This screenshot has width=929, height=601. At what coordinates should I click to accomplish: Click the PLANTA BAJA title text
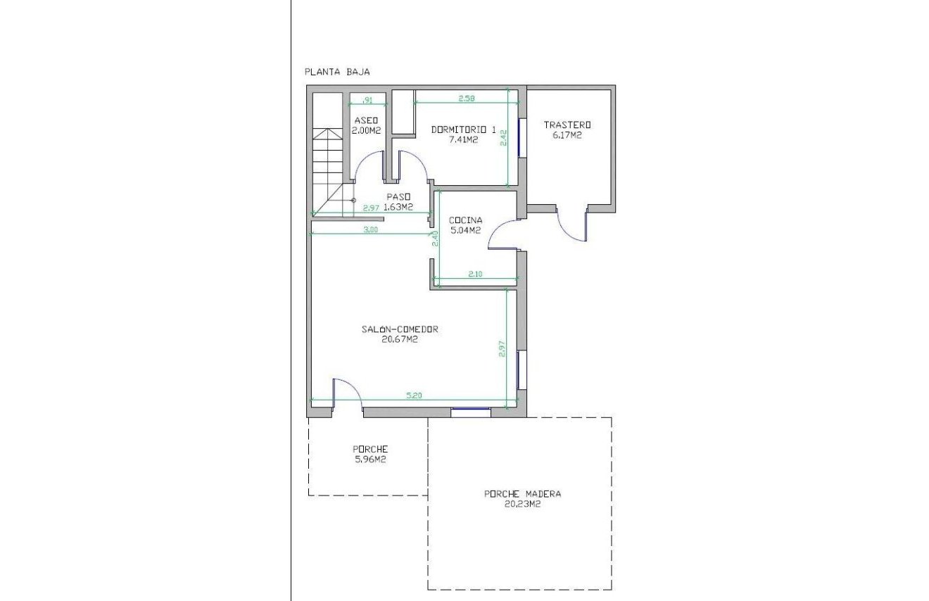click(336, 71)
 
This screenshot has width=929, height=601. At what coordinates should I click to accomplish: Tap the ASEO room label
click(366, 120)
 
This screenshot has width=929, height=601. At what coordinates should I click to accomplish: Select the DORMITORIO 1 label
click(463, 129)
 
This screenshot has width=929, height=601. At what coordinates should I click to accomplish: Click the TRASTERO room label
click(567, 125)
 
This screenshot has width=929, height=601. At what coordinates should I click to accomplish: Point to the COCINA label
click(465, 220)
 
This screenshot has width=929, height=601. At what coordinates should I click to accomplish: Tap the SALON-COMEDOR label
click(400, 329)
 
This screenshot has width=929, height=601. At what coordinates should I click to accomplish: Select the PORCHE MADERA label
click(522, 494)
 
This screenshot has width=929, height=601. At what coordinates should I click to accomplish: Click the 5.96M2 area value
click(369, 460)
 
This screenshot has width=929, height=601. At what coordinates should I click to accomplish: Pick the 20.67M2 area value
click(399, 339)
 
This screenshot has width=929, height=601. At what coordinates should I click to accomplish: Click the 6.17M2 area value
click(567, 135)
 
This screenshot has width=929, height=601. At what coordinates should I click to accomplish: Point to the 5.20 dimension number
click(414, 396)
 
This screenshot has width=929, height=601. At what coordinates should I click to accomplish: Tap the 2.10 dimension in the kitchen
click(475, 274)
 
